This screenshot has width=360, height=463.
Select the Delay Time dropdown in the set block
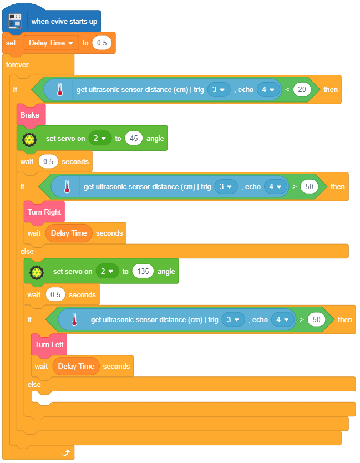pyautogui.click(x=51, y=43)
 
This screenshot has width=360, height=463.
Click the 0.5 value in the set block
pyautogui.click(x=102, y=43)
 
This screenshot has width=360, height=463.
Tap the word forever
pyautogui.click(x=17, y=64)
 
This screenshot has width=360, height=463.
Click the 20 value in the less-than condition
pyautogui.click(x=302, y=89)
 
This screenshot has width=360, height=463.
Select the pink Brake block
pyautogui.click(x=30, y=115)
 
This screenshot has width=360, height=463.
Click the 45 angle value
pyautogui.click(x=134, y=138)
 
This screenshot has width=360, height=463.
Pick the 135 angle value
pyautogui.click(x=143, y=271)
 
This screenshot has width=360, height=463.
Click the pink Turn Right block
pyautogui.click(x=44, y=212)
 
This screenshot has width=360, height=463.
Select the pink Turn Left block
pyautogui.click(x=49, y=344)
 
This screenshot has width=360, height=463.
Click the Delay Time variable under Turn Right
pyautogui.click(x=69, y=233)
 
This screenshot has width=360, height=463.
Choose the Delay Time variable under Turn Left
pyautogui.click(x=76, y=366)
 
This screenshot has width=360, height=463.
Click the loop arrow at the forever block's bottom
pyautogui.click(x=66, y=453)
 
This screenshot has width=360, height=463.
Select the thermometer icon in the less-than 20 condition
pyautogui.click(x=60, y=90)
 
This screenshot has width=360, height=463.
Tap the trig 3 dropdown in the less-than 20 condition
pyautogui.click(x=219, y=89)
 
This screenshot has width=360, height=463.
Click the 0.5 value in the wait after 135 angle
pyautogui.click(x=55, y=294)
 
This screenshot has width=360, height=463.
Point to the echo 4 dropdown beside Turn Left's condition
pyautogui.click(x=282, y=319)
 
